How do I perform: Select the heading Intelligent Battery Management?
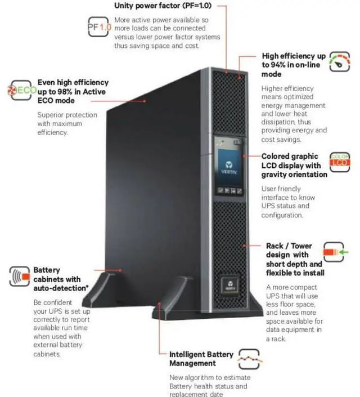201,359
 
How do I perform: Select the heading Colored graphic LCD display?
294,165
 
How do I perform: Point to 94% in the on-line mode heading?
272,65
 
